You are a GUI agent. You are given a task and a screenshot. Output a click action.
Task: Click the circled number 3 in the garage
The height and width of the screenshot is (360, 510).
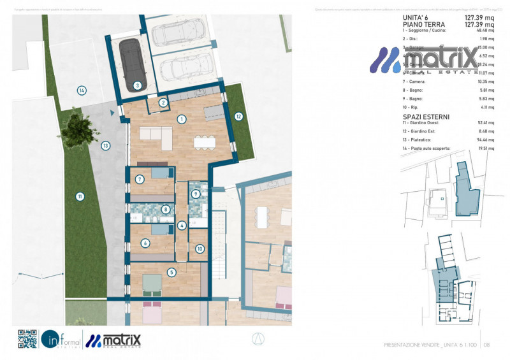coord(137,85)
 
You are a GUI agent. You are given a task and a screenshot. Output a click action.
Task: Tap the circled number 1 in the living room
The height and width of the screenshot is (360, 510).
coord(182,119)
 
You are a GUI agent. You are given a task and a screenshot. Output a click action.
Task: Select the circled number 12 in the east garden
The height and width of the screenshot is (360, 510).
coord(238,117)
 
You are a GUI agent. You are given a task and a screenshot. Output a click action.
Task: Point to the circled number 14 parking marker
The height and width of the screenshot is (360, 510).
coord(82,90)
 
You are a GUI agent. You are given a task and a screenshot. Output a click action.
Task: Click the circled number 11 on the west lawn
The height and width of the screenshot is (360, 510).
coord(80,196)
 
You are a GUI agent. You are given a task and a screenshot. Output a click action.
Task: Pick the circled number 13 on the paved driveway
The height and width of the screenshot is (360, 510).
coord(106,145)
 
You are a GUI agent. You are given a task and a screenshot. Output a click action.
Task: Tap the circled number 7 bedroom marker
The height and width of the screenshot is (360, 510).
coord(139,180)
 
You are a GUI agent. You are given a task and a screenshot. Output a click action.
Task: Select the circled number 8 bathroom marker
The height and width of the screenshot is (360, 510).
coord(166,208)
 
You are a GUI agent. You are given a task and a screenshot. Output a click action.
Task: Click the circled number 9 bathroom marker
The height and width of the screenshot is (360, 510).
coord(196,194)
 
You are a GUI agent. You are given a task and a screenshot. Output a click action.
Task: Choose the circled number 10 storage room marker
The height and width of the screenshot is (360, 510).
coord(200,249)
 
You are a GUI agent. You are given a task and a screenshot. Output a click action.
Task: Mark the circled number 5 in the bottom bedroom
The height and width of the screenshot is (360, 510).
coord(171,272)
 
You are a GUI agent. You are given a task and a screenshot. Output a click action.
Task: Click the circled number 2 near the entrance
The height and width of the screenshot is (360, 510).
coord(163,102)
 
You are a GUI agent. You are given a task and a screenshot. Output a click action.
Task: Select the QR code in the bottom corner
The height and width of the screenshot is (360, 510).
coord(27,338)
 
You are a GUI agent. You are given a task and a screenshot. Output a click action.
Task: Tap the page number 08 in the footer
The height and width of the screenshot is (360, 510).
coord(487,345)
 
